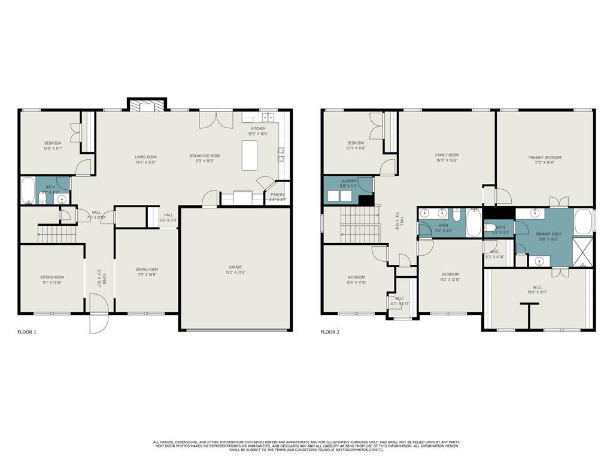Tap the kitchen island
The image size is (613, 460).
(x=253, y=154)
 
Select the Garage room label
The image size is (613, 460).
(x=236, y=267)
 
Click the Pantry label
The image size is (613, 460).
(x=277, y=194)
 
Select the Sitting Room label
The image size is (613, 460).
(x=51, y=277)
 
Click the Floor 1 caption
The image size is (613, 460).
(x=27, y=332)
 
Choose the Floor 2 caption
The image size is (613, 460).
(x=330, y=332)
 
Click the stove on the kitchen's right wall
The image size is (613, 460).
(x=280, y=156)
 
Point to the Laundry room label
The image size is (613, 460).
(x=348, y=181)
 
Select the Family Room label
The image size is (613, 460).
(x=447, y=155)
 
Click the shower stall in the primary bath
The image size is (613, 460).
(x=581, y=252)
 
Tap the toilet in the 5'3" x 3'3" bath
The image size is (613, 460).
(x=489, y=227)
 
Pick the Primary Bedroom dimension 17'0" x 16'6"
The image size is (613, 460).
(x=545, y=162)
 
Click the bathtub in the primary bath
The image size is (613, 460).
(x=583, y=222)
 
